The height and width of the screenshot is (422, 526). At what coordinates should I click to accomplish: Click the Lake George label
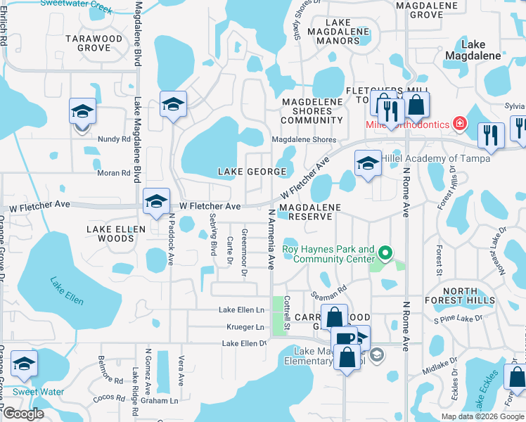coord(252,172)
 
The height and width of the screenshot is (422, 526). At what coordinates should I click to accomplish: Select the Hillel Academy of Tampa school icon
coord(367,163)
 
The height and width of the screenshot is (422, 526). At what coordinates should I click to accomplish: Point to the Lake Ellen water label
coord(67,291)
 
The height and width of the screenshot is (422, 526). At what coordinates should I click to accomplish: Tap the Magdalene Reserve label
coord(309,212)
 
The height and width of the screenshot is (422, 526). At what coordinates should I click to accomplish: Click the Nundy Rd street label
coord(114,139)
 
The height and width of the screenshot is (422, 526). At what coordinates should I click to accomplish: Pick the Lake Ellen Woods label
coord(116,234)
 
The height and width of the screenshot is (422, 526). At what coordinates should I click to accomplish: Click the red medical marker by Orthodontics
coord(460,124)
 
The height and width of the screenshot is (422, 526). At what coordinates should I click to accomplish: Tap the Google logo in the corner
coord(23,414)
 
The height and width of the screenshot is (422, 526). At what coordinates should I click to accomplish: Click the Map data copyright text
coord(482,416)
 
